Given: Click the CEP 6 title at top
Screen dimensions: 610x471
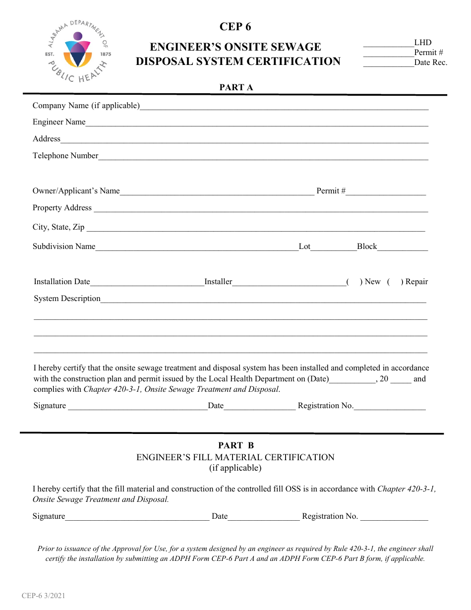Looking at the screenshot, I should tap(235, 27).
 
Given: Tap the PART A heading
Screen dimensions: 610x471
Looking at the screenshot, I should tap(236, 87).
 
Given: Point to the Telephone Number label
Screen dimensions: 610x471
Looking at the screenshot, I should tap(65, 156).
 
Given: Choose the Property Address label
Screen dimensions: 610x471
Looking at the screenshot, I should tap(62, 208).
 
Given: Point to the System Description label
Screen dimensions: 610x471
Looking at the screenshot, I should tap(67, 299).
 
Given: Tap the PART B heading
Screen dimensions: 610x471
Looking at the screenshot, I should tap(236, 445).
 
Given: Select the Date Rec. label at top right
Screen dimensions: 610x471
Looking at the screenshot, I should tap(430, 62).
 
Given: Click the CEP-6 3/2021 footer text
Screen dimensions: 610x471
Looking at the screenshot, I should tap(43, 596).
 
